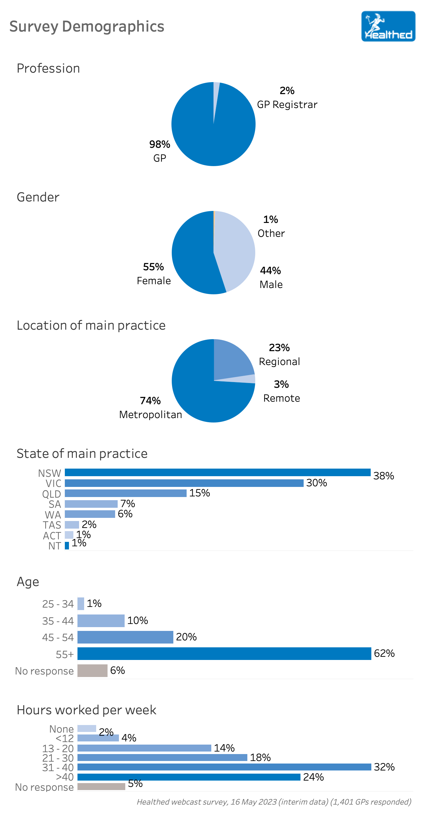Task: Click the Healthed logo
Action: pos(388,26)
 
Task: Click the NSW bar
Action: pos(217,472)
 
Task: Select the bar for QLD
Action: pos(126,493)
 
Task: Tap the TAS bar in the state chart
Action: pos(72,524)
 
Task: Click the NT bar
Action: pos(67,546)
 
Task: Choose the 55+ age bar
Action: pos(224,653)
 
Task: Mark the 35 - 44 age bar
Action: pos(101,620)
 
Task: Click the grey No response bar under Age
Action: pos(92,671)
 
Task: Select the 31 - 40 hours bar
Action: pos(224,767)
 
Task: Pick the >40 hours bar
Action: pos(189,777)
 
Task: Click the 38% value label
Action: pos(383,476)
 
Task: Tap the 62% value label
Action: pos(384,653)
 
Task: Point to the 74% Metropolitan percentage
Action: pos(150,401)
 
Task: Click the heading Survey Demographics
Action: pos(87,27)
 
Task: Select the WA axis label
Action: pos(53,515)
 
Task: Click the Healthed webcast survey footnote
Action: pos(274,802)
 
